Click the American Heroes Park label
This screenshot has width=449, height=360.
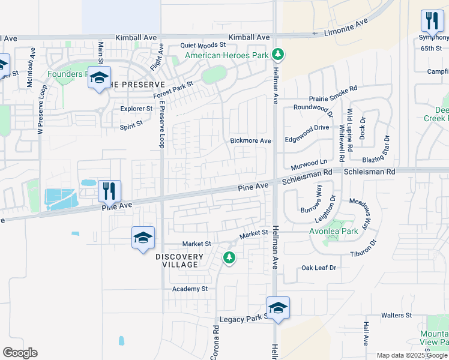point(226,56)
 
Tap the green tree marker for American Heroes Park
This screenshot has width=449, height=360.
point(277,55)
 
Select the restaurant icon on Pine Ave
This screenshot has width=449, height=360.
point(109,191)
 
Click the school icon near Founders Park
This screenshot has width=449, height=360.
point(99,78)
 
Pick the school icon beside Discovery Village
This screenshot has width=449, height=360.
point(143,238)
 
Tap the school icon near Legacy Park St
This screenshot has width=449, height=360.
point(278,308)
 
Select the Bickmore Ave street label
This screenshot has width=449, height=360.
point(251,140)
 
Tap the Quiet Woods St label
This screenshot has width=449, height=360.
point(203,45)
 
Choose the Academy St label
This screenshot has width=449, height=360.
point(190,289)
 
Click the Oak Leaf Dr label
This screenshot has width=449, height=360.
point(319,268)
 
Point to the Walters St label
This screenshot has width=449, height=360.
point(396,315)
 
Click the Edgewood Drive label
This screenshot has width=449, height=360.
point(307,127)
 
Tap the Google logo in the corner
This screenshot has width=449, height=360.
point(20,353)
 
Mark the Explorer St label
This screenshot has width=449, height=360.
point(137,109)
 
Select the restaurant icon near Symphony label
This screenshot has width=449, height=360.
point(432,22)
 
